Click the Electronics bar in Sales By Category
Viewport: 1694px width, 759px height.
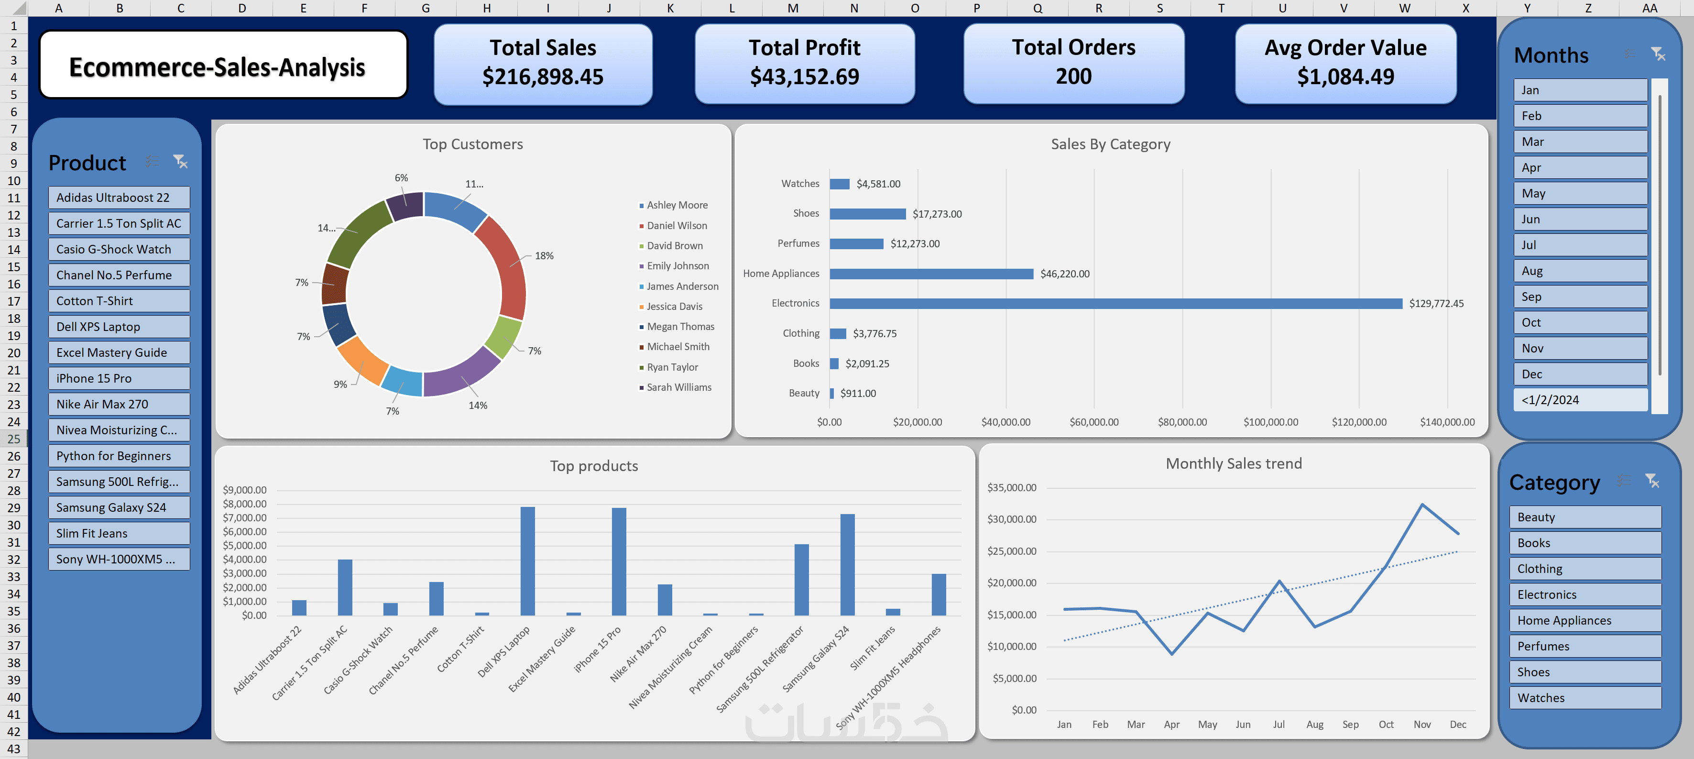tap(1115, 303)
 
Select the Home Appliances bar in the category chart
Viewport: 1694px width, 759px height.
tap(931, 274)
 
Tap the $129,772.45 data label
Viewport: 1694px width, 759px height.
tap(1436, 303)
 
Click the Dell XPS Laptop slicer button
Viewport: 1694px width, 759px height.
tap(119, 327)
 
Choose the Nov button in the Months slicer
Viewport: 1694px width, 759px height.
tap(1580, 348)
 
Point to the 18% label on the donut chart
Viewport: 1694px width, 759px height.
tap(544, 256)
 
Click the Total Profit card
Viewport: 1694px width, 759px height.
tap(804, 64)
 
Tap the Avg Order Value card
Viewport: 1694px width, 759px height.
tap(1345, 64)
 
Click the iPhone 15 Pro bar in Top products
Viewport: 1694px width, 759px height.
tap(619, 561)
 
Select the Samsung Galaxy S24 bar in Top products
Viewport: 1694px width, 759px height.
tap(847, 564)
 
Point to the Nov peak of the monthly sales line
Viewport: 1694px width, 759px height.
tap(1422, 505)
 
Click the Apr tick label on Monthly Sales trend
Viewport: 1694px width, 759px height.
tap(1171, 724)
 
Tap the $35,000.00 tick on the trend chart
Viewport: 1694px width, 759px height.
tap(1011, 487)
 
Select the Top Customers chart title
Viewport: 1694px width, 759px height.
tap(473, 144)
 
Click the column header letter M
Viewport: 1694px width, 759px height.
tap(792, 8)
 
